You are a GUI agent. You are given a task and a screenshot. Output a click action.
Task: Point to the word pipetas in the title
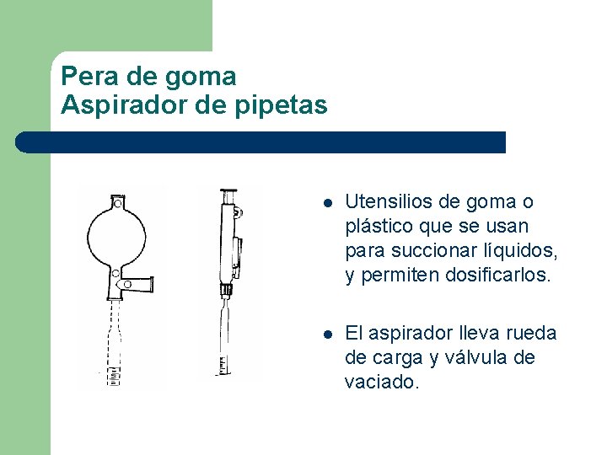pos(281,105)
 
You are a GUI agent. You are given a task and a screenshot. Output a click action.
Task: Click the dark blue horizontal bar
pos(261,142)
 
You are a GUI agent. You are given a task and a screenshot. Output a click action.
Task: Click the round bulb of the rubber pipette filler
pos(117,237)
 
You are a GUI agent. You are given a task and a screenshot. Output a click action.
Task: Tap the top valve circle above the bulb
pos(118,203)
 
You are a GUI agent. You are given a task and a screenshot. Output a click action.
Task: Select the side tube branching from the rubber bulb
pos(137,285)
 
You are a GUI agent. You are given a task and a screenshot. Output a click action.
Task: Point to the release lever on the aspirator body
pos(237,254)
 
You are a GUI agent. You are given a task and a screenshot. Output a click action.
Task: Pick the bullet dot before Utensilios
pos(328,204)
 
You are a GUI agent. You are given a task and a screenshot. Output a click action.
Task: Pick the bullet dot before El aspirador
pos(328,335)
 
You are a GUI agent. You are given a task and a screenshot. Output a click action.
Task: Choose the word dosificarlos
pos(497,275)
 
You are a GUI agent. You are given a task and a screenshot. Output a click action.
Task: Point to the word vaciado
pos(381,383)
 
